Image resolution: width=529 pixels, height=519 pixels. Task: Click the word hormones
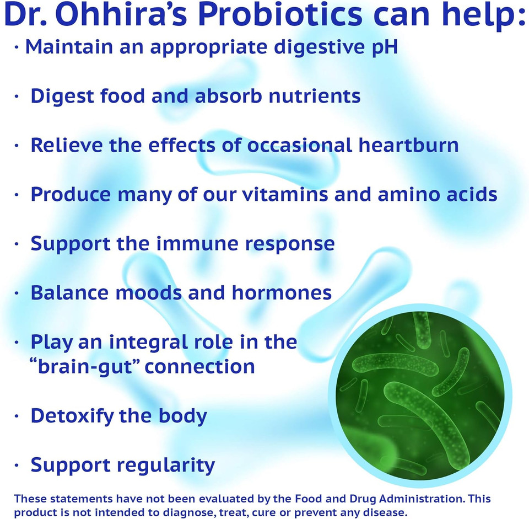[x=282, y=293]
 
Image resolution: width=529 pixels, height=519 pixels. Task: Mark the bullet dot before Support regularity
[x=17, y=465]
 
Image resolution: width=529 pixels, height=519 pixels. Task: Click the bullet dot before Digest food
[x=17, y=97]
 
